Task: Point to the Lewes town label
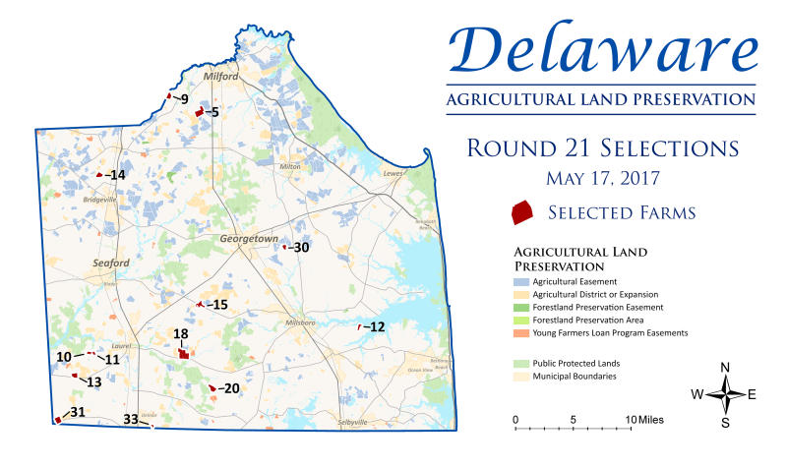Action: point(393,174)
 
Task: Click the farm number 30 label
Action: point(300,248)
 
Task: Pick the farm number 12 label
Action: point(376,326)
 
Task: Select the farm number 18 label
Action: point(181,335)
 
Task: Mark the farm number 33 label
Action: point(130,420)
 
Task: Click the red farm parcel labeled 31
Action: point(58,420)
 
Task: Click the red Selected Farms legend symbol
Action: point(520,211)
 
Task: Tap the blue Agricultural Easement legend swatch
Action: point(520,281)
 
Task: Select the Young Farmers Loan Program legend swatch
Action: point(520,333)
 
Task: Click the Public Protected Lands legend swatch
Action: point(520,363)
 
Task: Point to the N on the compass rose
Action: point(725,369)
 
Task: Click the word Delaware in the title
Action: point(602,49)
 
